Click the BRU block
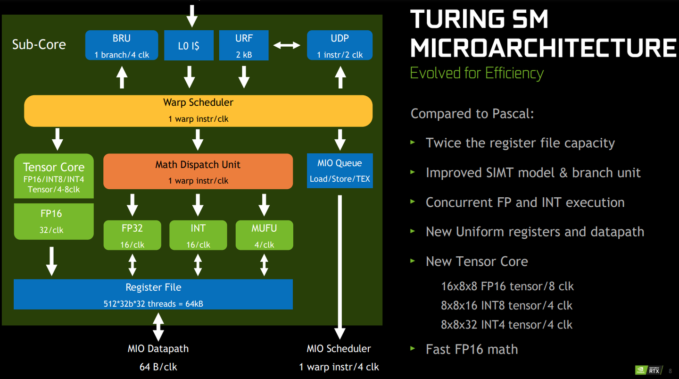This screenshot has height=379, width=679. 122,45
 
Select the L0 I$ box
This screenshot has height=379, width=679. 189,45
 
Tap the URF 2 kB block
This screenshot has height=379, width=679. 244,45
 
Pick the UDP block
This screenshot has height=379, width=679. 339,45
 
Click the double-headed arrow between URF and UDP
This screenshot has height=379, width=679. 287,45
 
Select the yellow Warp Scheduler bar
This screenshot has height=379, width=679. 198,110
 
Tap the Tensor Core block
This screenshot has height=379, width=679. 54,176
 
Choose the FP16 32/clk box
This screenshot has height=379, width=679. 54,221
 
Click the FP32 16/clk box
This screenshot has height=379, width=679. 132,235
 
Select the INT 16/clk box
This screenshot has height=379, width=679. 198,235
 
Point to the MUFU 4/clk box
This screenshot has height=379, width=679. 264,235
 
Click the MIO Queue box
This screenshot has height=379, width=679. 339,170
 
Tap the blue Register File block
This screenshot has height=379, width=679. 153,294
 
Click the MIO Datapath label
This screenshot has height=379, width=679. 158,349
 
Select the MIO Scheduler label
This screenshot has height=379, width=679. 339,349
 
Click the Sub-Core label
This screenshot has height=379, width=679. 39,45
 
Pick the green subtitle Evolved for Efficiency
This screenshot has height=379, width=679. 477,73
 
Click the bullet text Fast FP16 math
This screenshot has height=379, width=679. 472,349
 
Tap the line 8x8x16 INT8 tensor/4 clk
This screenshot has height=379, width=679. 506,305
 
